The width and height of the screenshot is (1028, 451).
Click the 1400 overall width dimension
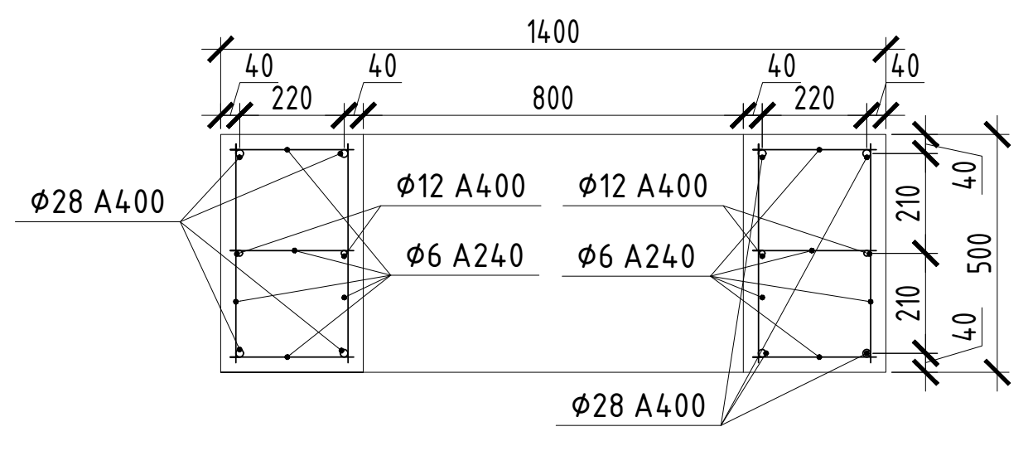click(x=553, y=32)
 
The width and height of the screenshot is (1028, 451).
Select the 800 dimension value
click(x=553, y=99)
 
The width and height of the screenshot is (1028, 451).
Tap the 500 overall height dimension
click(x=980, y=253)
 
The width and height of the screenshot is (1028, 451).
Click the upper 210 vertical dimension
click(x=909, y=203)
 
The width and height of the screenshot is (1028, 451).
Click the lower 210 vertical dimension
click(x=909, y=303)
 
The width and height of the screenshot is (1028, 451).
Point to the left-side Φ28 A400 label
click(x=97, y=201)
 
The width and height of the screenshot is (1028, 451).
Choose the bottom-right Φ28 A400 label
click(x=639, y=405)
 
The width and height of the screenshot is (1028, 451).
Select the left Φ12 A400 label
click(x=461, y=186)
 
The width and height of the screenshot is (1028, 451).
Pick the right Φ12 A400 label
click(x=643, y=186)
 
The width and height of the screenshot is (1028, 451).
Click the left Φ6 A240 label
click(x=465, y=256)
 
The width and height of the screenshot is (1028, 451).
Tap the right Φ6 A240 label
click(x=635, y=256)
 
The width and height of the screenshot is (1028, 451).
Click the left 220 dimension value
click(x=292, y=99)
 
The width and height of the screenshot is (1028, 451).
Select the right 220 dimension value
click(x=814, y=99)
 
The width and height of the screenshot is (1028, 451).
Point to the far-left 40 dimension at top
click(x=259, y=65)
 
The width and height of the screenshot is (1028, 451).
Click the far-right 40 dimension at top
click(x=905, y=65)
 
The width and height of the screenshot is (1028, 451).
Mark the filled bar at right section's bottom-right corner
click(x=866, y=352)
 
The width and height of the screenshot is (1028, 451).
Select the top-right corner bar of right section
click(x=866, y=153)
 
